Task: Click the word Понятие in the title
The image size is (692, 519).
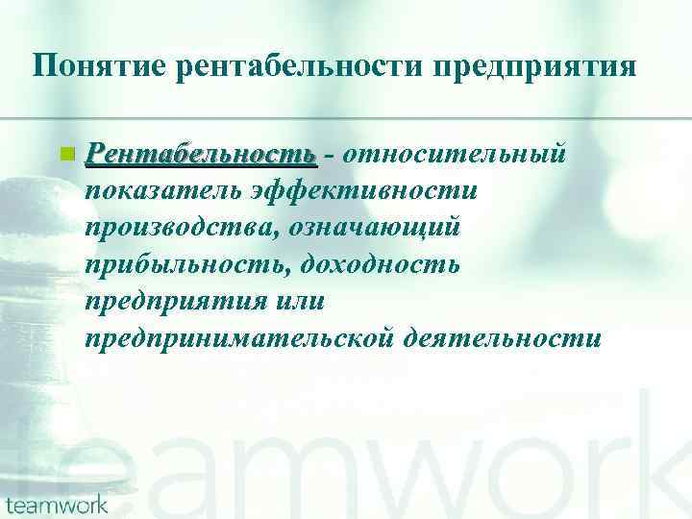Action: pyautogui.click(x=88, y=66)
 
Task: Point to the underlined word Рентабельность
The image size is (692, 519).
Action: pyautogui.click(x=200, y=154)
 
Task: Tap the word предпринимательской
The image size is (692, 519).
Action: pyautogui.click(x=243, y=337)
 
